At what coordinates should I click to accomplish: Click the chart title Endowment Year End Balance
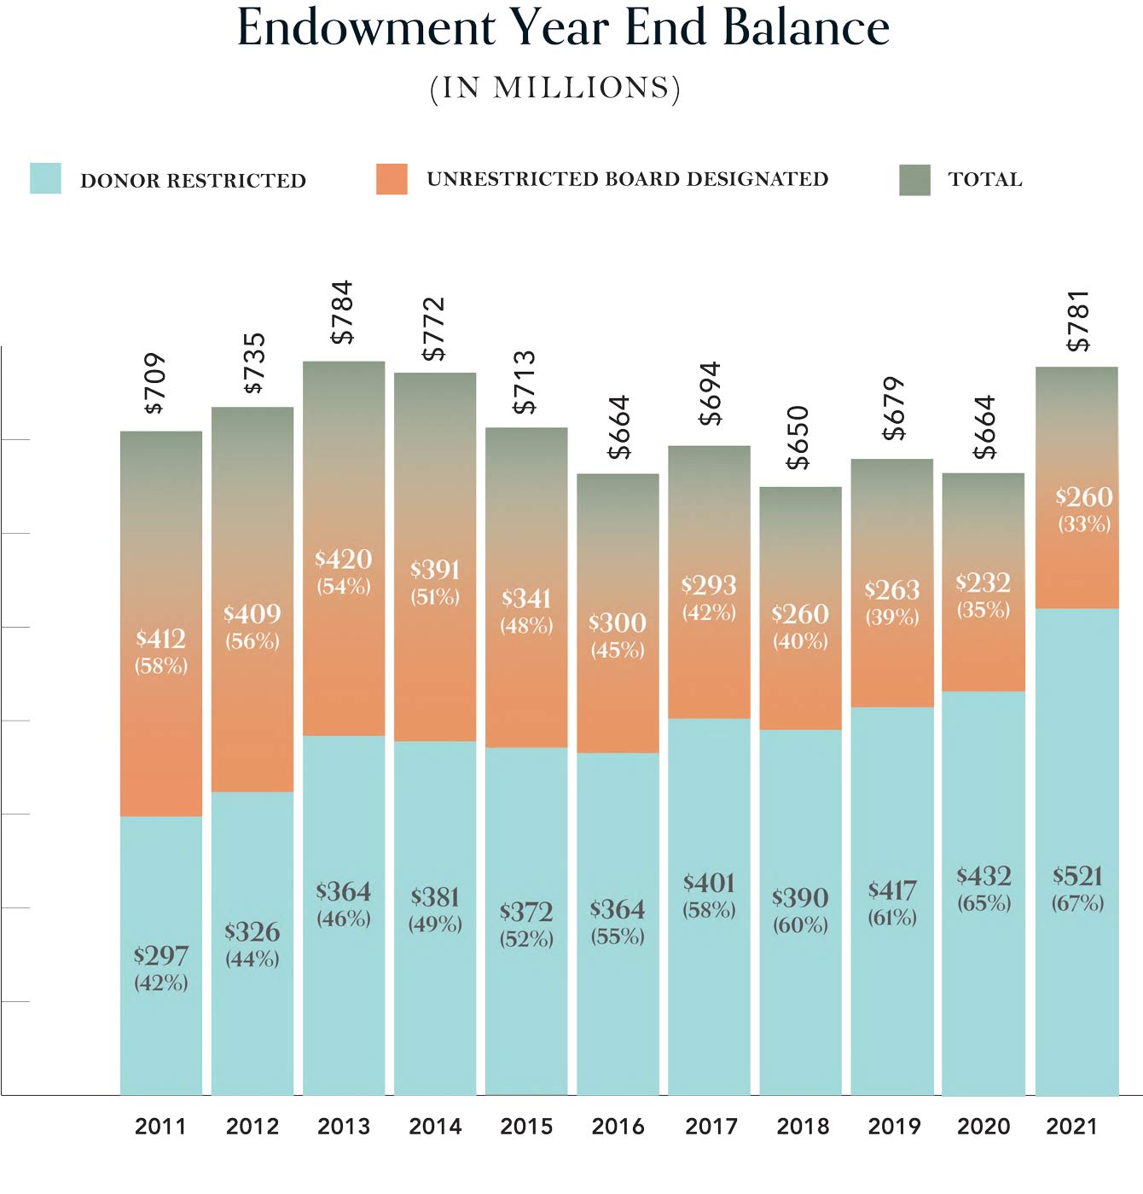pyautogui.click(x=563, y=27)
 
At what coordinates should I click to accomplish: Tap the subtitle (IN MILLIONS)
pyautogui.click(x=555, y=89)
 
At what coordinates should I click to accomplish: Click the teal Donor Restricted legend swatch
pyautogui.click(x=45, y=179)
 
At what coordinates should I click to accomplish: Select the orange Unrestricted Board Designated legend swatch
pyautogui.click(x=392, y=179)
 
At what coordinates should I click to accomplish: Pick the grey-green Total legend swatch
pyautogui.click(x=914, y=180)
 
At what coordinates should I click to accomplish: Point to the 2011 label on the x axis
pyautogui.click(x=160, y=1127)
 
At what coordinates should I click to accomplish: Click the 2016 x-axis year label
pyautogui.click(x=618, y=1127)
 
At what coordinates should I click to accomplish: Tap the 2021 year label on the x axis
pyautogui.click(x=1071, y=1127)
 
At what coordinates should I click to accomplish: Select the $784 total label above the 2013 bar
pyautogui.click(x=342, y=312)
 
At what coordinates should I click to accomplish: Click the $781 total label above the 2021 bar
pyautogui.click(x=1079, y=322)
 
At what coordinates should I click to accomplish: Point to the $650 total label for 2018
pyautogui.click(x=798, y=438)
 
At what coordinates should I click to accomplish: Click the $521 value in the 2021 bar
pyautogui.click(x=1077, y=876)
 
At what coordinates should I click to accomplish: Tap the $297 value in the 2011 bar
pyautogui.click(x=160, y=956)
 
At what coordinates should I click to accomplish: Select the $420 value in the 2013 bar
pyautogui.click(x=344, y=559)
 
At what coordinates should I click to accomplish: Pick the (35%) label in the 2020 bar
pyautogui.click(x=983, y=610)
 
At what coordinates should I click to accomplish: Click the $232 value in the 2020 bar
pyautogui.click(x=983, y=583)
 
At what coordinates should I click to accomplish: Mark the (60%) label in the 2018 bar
pyautogui.click(x=800, y=924)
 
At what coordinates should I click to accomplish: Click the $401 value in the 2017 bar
pyautogui.click(x=709, y=883)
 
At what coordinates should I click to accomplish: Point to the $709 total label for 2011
pyautogui.click(x=154, y=384)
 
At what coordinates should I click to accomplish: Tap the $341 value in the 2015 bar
pyautogui.click(x=526, y=599)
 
